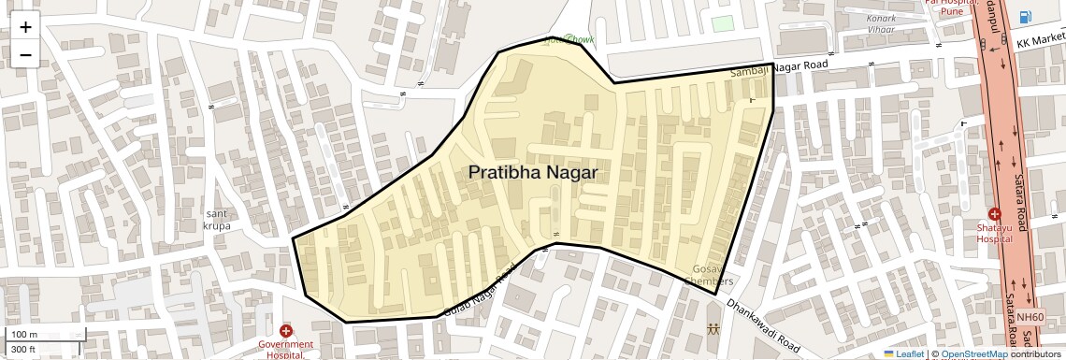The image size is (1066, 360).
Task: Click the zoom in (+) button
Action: (x=25, y=26)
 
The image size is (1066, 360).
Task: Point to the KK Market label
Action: (x=1041, y=44)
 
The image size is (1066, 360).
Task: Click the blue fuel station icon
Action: (x=1026, y=17)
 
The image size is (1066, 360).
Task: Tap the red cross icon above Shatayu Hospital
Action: (x=994, y=213)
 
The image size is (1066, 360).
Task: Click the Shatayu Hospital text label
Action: (x=995, y=233)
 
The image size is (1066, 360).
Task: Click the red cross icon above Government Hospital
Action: (x=286, y=331)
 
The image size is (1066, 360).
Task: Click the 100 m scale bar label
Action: (x=24, y=334)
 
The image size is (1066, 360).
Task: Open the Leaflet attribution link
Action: (x=903, y=353)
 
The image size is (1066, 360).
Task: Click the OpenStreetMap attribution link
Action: (x=973, y=353)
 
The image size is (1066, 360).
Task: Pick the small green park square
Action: (x=722, y=23)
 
